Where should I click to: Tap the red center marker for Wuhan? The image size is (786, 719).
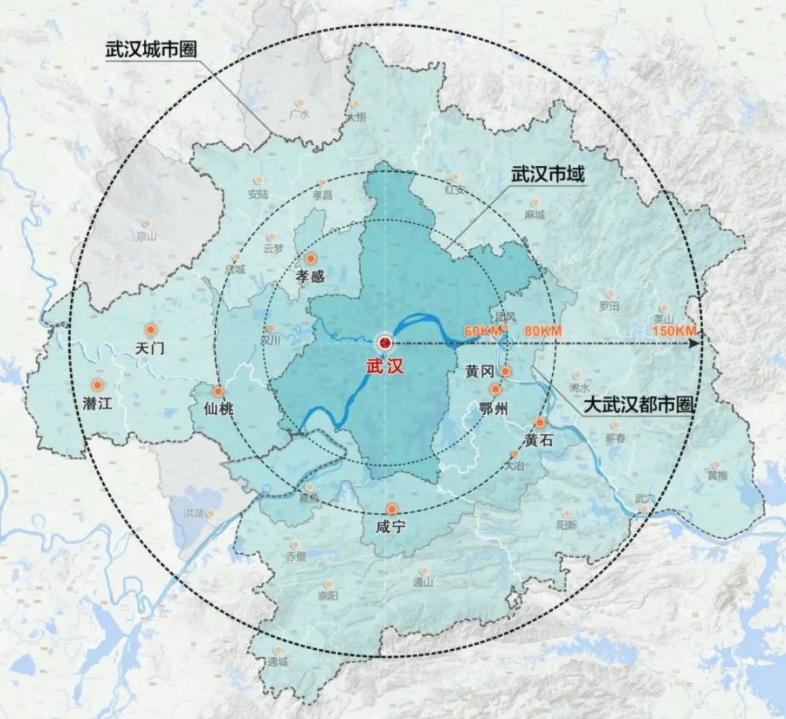click(x=384, y=342)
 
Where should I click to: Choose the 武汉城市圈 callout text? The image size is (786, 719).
click(x=151, y=52)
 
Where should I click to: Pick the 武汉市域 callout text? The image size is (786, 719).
click(x=548, y=175)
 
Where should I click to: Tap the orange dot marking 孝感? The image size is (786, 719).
click(x=311, y=258)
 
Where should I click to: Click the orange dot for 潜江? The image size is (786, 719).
click(x=96, y=385)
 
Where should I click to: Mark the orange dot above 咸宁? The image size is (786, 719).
click(x=392, y=509)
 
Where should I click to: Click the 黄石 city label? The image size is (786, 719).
click(x=540, y=440)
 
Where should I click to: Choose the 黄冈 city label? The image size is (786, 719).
click(x=480, y=372)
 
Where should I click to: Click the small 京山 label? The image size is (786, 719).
click(x=146, y=236)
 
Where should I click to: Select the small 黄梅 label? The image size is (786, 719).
click(x=718, y=475)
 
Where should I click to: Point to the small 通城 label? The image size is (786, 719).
click(x=277, y=662)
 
